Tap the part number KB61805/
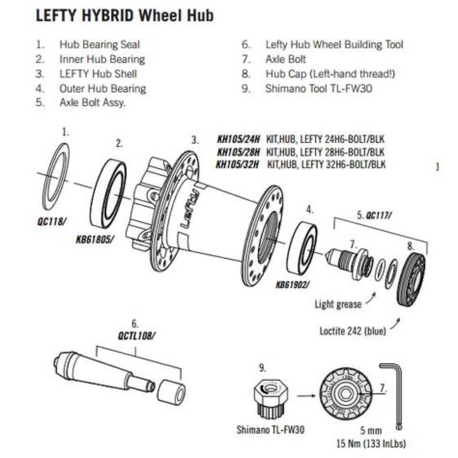click(95, 240)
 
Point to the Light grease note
click(338, 304)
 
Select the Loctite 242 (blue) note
click(352, 331)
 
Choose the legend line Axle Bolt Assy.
click(92, 103)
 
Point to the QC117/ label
click(378, 215)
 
